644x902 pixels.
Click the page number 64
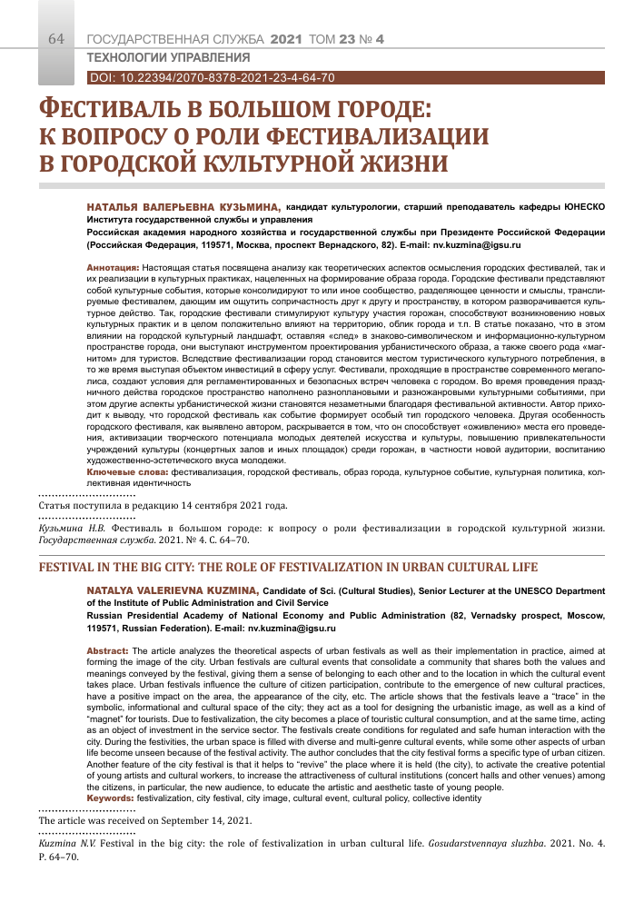pyautogui.click(x=56, y=39)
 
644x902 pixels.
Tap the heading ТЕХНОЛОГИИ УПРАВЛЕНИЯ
pyautogui.click(x=154, y=59)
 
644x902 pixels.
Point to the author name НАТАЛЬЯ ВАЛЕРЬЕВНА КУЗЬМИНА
pyautogui.click(x=183, y=208)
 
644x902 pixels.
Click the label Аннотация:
pyautogui.click(x=113, y=270)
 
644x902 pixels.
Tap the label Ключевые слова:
pyautogui.click(x=127, y=473)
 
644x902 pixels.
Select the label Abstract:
pyautogui.click(x=108, y=652)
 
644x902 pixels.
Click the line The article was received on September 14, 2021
pyautogui.click(x=144, y=818)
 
